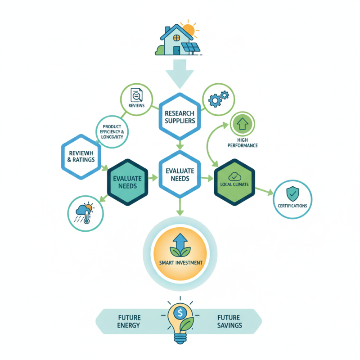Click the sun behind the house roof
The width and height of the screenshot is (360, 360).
click(x=188, y=29)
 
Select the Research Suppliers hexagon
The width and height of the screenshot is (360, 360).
click(x=180, y=116)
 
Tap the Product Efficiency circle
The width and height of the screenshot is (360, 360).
click(x=113, y=131)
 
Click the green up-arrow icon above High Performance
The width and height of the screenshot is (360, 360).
click(x=242, y=124)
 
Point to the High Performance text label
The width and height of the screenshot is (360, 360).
click(x=242, y=142)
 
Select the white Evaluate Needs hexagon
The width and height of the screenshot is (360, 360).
click(x=180, y=173)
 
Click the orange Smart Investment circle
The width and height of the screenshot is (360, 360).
click(x=180, y=255)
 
